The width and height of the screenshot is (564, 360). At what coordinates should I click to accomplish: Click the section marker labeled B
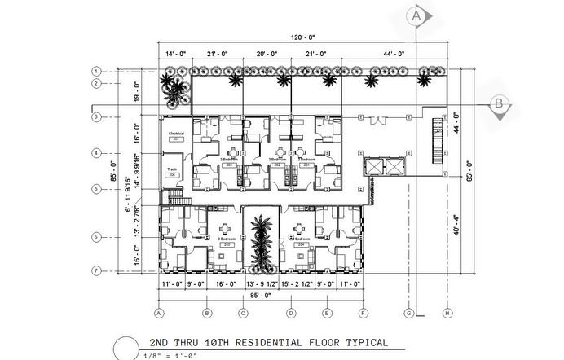point(497,103)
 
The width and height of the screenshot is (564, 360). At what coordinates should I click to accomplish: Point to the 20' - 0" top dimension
point(267,53)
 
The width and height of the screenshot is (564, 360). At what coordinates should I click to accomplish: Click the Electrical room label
point(176,132)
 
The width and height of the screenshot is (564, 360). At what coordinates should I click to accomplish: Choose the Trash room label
point(172,169)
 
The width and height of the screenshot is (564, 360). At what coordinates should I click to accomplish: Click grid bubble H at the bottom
point(447,313)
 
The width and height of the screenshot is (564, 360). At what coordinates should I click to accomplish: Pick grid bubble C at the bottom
point(243,313)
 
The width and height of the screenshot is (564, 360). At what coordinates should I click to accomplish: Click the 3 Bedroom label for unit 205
point(227,239)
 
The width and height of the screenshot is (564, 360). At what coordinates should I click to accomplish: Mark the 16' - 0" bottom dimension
point(226,284)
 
